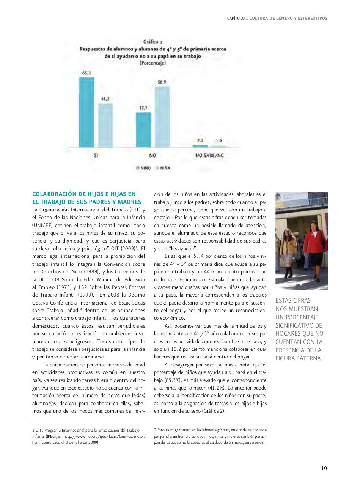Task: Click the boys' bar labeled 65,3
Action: coord(86,112)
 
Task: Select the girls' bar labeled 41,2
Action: coord(105,125)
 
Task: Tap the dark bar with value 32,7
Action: coord(143,129)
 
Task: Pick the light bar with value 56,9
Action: coord(162,117)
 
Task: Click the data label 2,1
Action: coord(200,140)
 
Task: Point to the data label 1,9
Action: coord(219,141)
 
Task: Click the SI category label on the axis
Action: coord(96,156)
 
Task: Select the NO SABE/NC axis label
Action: coord(209,156)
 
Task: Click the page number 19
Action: coord(324,469)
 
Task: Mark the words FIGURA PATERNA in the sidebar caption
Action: coord(299,358)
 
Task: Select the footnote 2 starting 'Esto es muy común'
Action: coord(210,436)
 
